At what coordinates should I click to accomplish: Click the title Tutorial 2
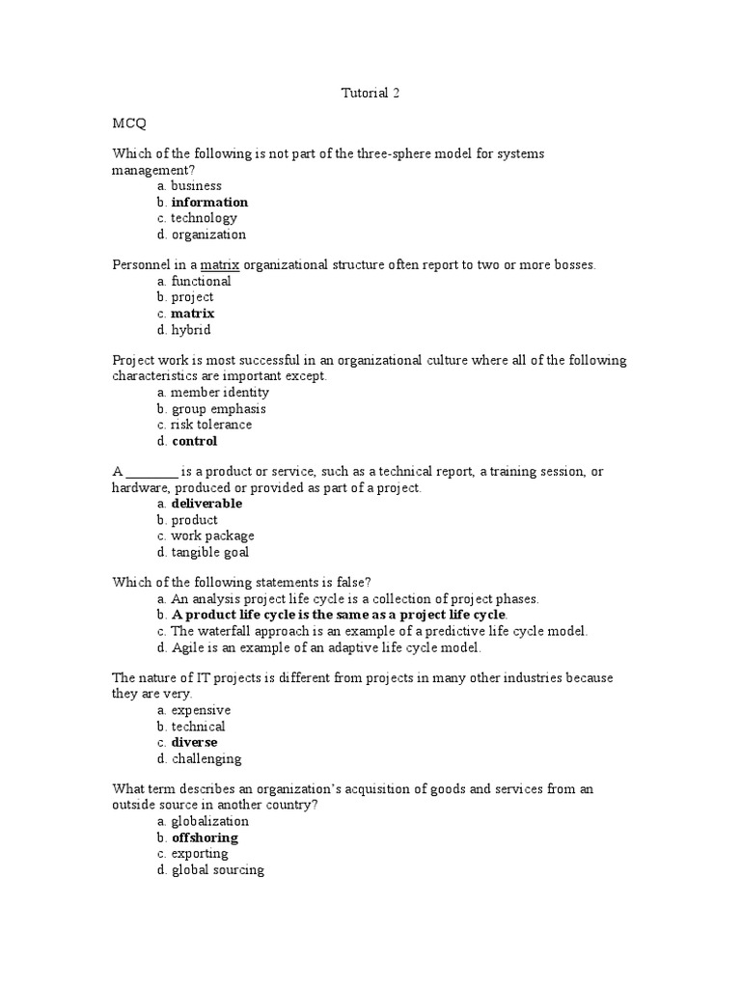point(370,94)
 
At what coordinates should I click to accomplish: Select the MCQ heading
point(129,124)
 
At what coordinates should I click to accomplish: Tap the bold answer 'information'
point(209,203)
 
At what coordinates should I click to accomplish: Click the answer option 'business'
point(196,186)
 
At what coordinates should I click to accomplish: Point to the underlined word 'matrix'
point(219,265)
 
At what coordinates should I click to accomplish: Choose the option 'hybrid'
point(190,330)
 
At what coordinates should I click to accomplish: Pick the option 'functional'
point(201,282)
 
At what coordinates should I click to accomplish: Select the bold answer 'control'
point(194,442)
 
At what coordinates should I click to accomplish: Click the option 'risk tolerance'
point(211,425)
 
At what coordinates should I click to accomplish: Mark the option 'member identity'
point(220,393)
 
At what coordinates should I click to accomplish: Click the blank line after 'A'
point(152,473)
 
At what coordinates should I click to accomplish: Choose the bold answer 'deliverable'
point(206,504)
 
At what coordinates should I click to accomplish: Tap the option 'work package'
point(212,536)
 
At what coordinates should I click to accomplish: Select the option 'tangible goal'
point(209,553)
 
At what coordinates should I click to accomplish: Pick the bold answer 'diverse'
point(194,743)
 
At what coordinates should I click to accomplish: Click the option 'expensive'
point(201,710)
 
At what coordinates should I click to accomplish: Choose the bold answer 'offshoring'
point(205,838)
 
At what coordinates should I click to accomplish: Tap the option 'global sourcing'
point(217,870)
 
